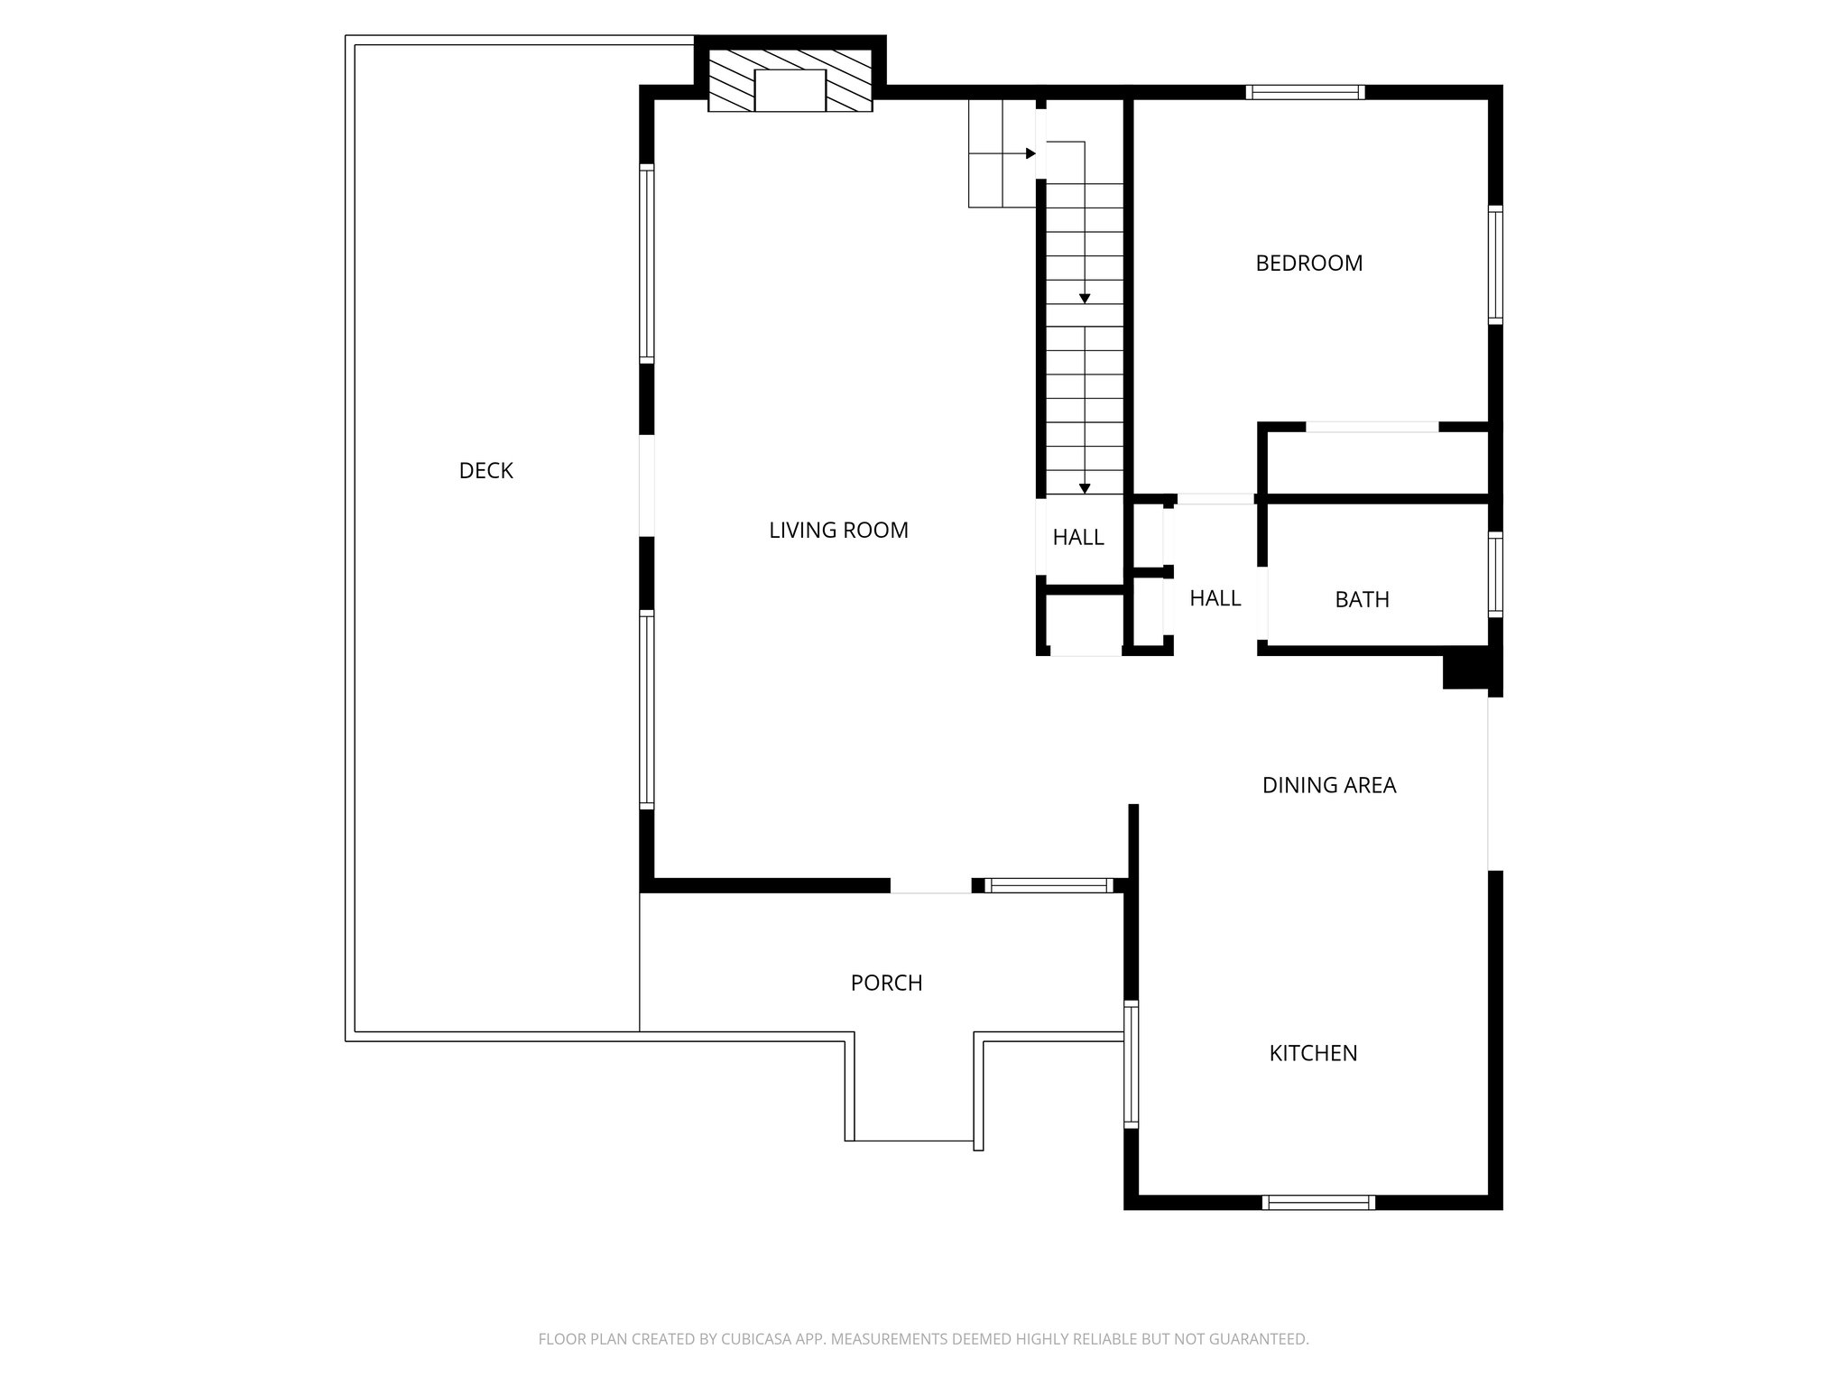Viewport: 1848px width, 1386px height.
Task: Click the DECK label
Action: pos(485,470)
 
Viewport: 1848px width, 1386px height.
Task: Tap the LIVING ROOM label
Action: pos(838,531)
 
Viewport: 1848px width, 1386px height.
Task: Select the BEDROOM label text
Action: pos(1308,263)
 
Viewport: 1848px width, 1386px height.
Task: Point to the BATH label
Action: pos(1362,600)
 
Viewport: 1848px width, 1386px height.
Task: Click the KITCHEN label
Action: pos(1313,1053)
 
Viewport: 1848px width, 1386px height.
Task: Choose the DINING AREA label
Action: pos(1328,786)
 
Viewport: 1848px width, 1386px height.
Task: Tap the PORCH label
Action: pos(886,984)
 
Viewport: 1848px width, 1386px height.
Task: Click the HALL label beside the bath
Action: pos(1215,598)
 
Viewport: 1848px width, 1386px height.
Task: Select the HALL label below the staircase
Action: pos(1078,538)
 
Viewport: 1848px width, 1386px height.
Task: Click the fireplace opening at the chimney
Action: pos(790,90)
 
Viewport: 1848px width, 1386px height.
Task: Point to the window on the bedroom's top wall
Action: pos(1305,92)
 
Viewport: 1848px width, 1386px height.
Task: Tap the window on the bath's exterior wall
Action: pos(1495,575)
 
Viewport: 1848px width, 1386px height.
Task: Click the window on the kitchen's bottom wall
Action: pos(1318,1202)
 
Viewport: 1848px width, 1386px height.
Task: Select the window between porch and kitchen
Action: pos(1131,1064)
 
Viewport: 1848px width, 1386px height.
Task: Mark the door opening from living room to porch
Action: pos(931,886)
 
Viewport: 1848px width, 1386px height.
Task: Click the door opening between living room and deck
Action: pos(646,486)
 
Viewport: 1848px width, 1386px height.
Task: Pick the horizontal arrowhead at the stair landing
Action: pos(1030,153)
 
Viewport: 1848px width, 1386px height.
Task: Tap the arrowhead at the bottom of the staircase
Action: pos(1085,489)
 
